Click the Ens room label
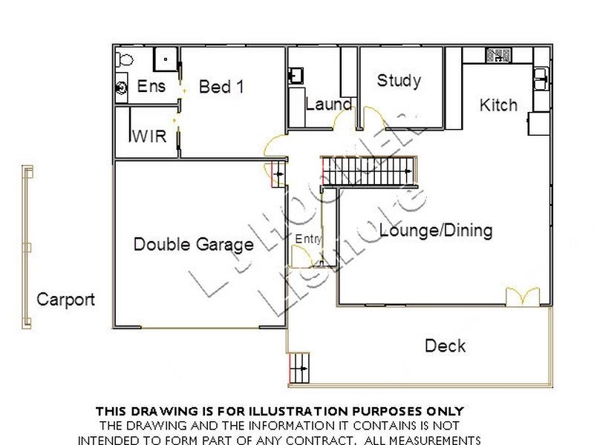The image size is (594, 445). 151,87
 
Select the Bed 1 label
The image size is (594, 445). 221,87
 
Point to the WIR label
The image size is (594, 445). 148,137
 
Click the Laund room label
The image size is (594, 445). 328,105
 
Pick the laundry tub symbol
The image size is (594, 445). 296,75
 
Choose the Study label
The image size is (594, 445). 399,80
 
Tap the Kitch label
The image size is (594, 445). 498,105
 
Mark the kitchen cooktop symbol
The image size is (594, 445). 497,55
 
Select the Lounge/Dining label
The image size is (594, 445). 436,231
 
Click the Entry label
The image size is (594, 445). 308,238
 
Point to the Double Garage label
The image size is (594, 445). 193,244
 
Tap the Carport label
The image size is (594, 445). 66,300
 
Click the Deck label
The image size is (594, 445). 446,346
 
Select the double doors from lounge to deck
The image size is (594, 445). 522,297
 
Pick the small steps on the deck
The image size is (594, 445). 299,366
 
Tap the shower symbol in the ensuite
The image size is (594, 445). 166,59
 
